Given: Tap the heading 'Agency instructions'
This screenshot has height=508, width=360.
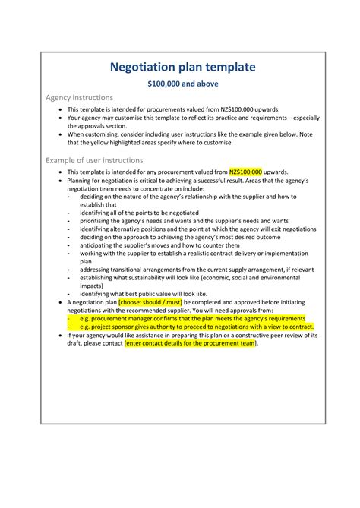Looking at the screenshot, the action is (x=80, y=98).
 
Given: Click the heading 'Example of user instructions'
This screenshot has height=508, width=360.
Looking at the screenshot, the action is (x=94, y=161).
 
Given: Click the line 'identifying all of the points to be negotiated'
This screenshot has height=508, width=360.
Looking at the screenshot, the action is (x=144, y=213).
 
